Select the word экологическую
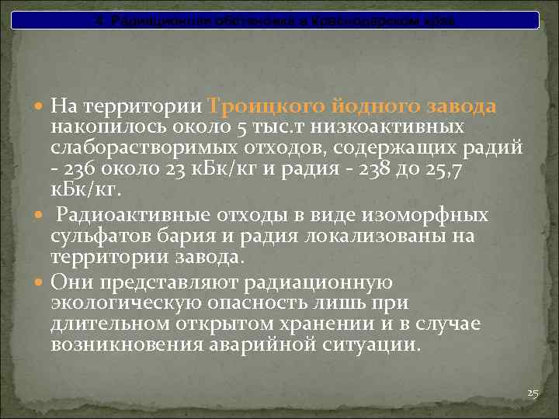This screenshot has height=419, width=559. (126, 303)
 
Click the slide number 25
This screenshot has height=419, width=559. (532, 394)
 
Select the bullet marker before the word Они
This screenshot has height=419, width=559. (42, 282)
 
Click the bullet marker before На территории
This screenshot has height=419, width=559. (42, 106)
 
